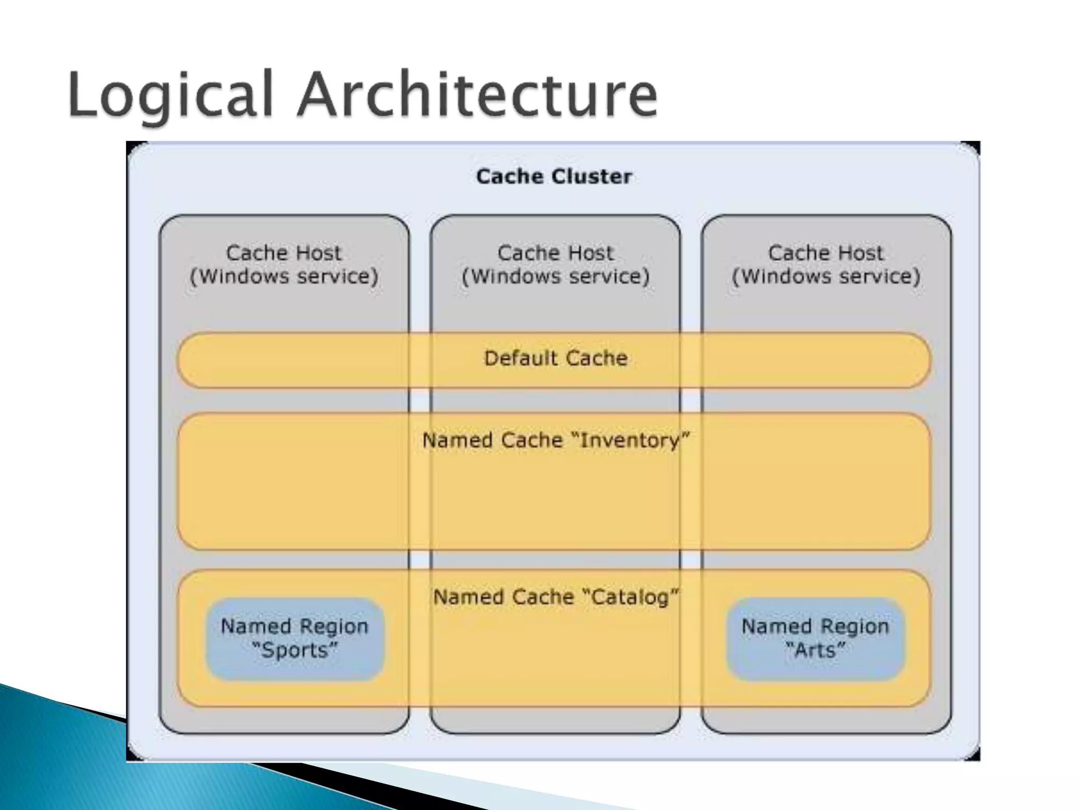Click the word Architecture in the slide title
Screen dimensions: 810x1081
tap(477, 95)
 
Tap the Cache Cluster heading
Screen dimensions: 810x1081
tap(554, 176)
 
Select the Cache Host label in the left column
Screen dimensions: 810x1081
tap(283, 253)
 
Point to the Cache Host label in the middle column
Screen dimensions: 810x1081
tap(555, 253)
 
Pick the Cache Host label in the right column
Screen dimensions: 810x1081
tap(826, 253)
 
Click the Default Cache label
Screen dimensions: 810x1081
tap(556, 358)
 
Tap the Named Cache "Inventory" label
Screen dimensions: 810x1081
tap(556, 440)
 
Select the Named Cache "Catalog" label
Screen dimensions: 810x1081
tap(556, 597)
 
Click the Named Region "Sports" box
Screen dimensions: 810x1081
tap(295, 639)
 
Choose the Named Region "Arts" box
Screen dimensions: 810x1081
tap(816, 639)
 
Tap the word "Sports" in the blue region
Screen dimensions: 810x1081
tap(295, 650)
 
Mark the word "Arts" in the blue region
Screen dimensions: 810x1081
tap(816, 650)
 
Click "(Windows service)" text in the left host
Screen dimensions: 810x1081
tap(284, 276)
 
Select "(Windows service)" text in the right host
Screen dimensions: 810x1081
tap(826, 276)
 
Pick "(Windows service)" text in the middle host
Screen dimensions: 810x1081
tap(555, 276)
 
